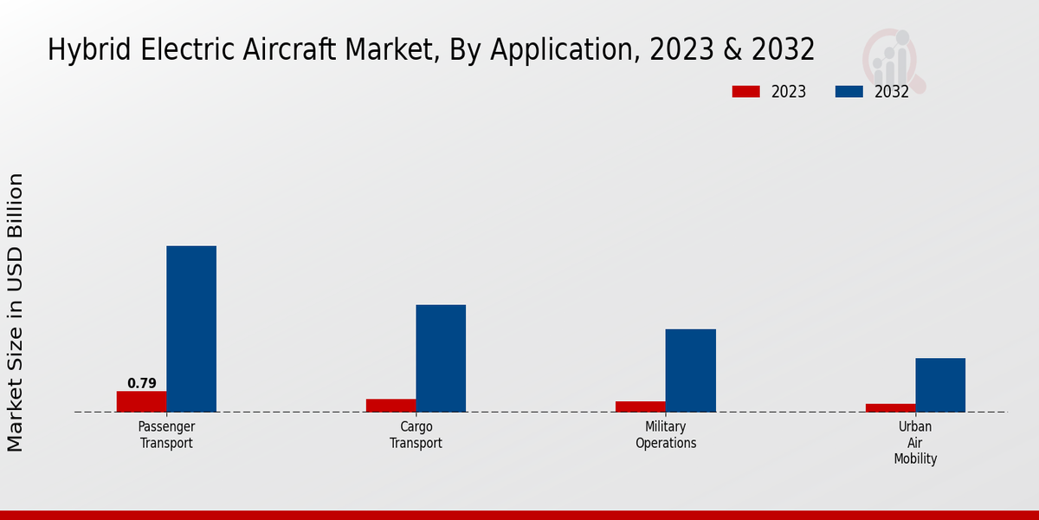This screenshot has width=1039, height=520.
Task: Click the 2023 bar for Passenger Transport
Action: coord(141,401)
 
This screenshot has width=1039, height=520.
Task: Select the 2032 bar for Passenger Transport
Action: coord(191,329)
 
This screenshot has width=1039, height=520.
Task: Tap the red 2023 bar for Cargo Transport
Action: coord(390,406)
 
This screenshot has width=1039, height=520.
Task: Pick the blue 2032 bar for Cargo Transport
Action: coord(441,358)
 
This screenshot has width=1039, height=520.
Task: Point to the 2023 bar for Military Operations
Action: coord(641,406)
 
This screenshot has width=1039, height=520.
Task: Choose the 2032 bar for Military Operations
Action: coord(691,370)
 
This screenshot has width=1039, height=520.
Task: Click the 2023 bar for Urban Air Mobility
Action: coord(890,407)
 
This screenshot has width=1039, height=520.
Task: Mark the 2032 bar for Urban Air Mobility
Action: coord(940,385)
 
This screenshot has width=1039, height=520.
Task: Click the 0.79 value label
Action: coord(142,383)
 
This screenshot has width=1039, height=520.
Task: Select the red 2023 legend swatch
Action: coord(745,92)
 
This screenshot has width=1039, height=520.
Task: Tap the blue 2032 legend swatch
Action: coord(849,92)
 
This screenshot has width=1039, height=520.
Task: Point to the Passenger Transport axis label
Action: coord(166,435)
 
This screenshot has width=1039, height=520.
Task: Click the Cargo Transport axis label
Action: coord(416,435)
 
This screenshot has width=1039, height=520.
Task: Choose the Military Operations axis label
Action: coord(666,435)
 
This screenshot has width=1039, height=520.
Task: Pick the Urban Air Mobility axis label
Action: coord(915,443)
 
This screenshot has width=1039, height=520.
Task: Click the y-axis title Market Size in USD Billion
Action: coord(16,312)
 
